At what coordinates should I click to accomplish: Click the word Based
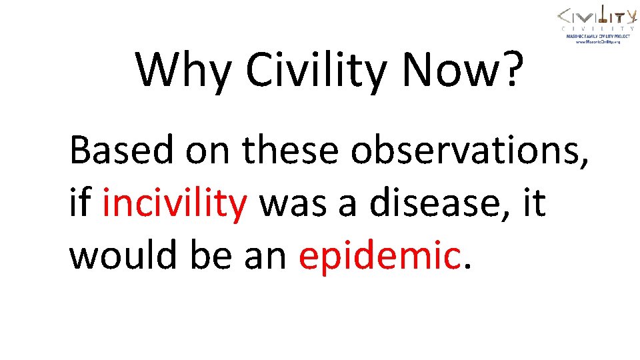point(121,150)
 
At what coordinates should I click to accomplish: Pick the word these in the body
point(291,150)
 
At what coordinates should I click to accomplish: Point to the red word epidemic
point(379,255)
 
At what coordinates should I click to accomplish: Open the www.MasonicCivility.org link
point(597,41)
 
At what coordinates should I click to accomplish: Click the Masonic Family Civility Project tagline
point(597,36)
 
